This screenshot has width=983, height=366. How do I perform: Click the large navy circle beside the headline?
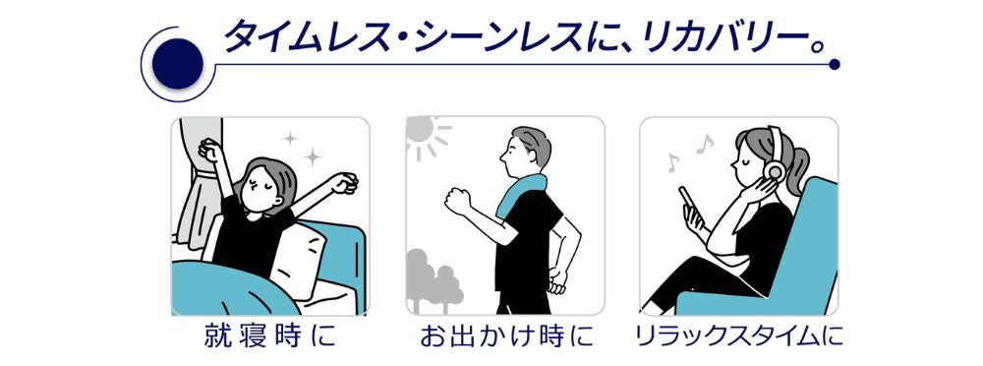(177, 64)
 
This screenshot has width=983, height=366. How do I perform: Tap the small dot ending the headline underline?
(834, 64)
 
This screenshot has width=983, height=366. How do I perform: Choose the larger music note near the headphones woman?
(705, 145)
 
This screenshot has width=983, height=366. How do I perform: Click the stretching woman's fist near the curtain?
(211, 150)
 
